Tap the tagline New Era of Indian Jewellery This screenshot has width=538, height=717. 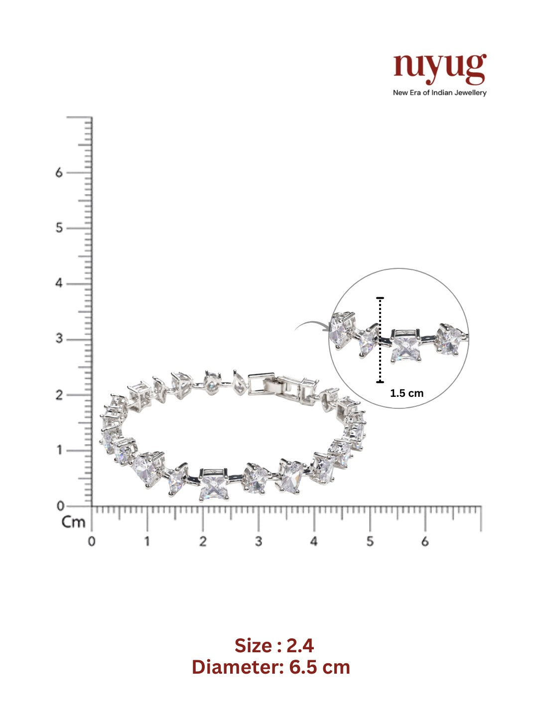point(440,93)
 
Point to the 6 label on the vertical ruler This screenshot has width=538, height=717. point(59,172)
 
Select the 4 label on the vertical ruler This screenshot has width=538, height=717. point(59,283)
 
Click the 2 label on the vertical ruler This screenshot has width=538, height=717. point(59,395)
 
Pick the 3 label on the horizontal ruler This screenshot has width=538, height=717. point(259,542)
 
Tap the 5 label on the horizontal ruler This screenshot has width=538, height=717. point(370,542)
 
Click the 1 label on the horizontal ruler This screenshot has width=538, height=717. point(147,542)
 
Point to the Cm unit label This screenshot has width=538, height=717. point(73,522)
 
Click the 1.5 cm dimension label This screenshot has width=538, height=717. point(406,393)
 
